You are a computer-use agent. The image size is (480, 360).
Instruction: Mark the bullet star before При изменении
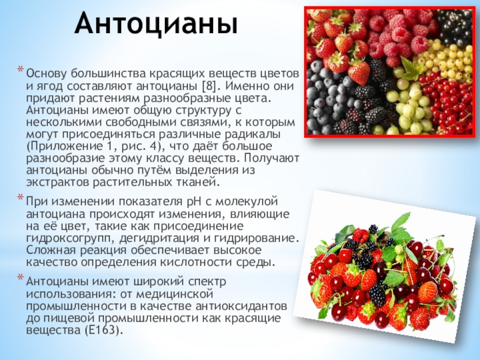click(20, 199)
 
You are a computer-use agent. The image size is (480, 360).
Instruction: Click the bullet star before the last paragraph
click(20, 280)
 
